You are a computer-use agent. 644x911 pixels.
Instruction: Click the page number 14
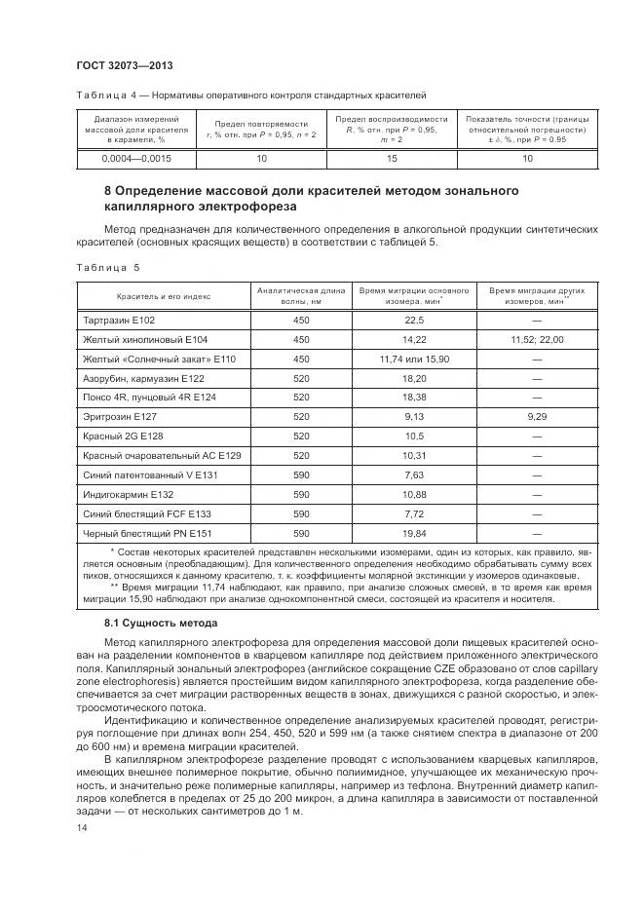point(81,827)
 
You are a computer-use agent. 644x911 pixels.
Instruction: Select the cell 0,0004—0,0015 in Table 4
point(135,158)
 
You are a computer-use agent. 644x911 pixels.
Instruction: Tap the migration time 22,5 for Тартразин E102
point(414,320)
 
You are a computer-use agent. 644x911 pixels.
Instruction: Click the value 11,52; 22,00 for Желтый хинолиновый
point(537,339)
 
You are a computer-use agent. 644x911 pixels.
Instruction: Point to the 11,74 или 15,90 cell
point(414,359)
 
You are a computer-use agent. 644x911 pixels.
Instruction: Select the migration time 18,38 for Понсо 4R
point(414,397)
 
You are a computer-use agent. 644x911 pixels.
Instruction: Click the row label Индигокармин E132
point(128,494)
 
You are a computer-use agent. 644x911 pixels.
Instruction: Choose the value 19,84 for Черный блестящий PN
point(414,533)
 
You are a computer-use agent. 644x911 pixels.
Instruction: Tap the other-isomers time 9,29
point(537,416)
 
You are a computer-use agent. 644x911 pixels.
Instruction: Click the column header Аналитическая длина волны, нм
point(300,295)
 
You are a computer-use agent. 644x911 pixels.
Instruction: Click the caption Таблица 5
point(107,266)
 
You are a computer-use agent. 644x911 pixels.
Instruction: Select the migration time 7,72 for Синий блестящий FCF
point(414,513)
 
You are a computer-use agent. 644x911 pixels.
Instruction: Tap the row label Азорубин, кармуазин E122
point(144,378)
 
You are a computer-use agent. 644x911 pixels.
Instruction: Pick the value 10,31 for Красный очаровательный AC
point(414,455)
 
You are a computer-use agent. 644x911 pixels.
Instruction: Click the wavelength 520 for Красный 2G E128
point(300,436)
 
